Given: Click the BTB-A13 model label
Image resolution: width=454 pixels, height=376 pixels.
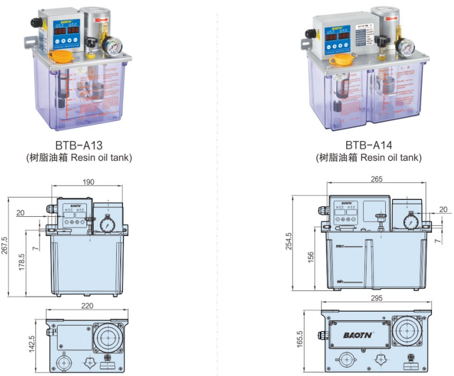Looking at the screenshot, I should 79,145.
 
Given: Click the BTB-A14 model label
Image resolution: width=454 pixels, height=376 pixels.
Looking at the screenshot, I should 368,145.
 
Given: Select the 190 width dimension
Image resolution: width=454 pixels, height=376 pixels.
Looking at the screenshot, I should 88,182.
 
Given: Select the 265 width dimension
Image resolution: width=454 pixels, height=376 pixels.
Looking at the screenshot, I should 377,180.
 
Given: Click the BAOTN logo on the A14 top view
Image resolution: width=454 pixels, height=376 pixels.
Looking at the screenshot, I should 357,335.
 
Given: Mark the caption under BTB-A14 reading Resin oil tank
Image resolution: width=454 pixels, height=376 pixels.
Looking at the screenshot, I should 368,158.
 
